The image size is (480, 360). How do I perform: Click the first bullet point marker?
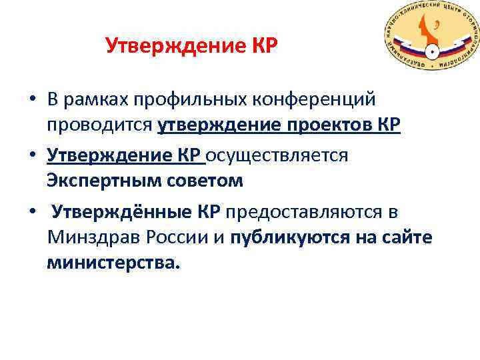point(32,100)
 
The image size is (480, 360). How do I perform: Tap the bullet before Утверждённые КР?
point(32,212)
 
